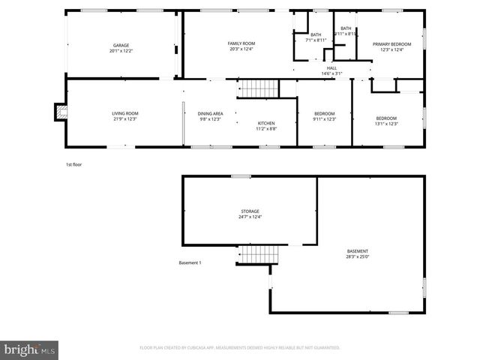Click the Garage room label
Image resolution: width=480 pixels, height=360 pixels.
click(x=121, y=46)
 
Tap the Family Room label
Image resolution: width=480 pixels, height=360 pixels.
click(x=241, y=43)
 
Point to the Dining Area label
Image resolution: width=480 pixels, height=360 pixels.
click(x=211, y=113)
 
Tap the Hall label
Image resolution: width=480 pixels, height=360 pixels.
click(x=331, y=67)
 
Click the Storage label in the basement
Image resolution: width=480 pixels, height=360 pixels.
click(x=250, y=211)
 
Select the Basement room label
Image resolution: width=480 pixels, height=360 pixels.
click(x=357, y=250)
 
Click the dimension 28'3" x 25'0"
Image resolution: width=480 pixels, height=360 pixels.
click(x=357, y=256)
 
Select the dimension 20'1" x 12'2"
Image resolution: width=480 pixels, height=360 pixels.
click(x=121, y=51)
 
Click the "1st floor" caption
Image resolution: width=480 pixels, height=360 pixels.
click(x=73, y=163)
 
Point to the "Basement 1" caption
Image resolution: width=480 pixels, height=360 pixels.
click(x=190, y=262)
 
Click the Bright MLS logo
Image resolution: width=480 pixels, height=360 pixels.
click(x=30, y=349)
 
